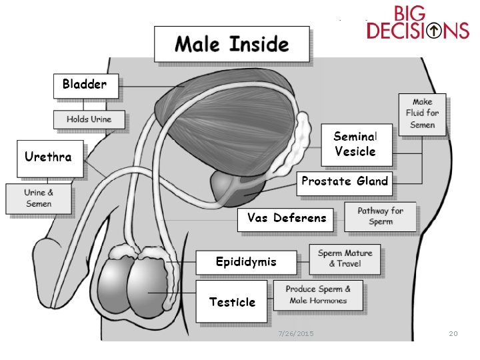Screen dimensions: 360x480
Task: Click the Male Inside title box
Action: click(231, 44)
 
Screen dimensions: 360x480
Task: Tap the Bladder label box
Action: click(85, 85)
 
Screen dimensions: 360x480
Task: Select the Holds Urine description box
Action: click(89, 119)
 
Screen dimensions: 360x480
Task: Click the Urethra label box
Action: click(50, 158)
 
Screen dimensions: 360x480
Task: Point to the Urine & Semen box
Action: click(38, 198)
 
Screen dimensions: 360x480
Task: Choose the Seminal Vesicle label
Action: click(355, 143)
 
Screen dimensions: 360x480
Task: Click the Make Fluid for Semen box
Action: click(422, 113)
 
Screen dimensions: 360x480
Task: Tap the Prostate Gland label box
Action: click(344, 181)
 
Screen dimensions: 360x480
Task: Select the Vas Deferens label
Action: click(286, 219)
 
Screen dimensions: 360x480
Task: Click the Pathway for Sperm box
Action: click(380, 216)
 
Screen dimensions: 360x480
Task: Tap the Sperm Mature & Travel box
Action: click(345, 259)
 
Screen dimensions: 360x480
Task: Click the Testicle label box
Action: click(231, 302)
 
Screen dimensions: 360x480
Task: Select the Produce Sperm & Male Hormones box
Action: click(318, 295)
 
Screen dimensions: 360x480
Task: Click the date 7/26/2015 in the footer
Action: click(296, 333)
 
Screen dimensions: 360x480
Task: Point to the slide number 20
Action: click(453, 333)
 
